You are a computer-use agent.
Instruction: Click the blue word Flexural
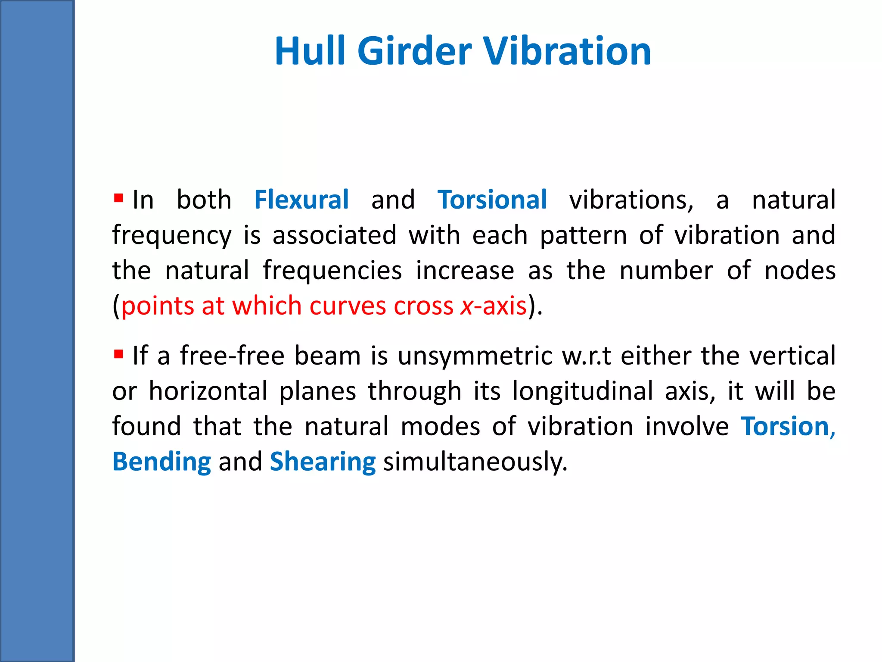(x=301, y=200)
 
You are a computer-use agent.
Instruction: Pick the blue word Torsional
(x=492, y=200)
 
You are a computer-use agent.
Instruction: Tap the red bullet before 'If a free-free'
(x=118, y=355)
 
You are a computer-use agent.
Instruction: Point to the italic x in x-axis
(x=466, y=306)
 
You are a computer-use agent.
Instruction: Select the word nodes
(x=800, y=271)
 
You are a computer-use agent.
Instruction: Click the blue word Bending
(x=161, y=462)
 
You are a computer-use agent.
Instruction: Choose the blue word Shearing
(x=323, y=462)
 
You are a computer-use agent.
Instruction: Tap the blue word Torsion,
(x=788, y=427)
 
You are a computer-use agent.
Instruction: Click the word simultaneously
(x=475, y=462)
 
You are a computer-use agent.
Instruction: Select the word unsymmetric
(x=475, y=356)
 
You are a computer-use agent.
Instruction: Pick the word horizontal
(x=208, y=391)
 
